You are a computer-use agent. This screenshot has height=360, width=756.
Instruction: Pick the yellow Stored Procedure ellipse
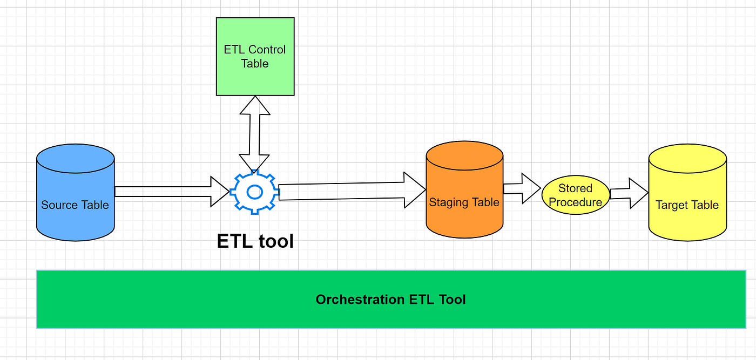click(575, 195)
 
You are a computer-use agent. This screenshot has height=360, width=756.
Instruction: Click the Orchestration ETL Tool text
click(390, 300)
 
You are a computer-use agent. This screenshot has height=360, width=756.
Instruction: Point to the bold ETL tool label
click(255, 241)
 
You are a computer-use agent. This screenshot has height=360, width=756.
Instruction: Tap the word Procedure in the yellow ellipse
click(575, 202)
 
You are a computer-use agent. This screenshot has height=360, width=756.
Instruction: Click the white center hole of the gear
click(254, 192)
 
